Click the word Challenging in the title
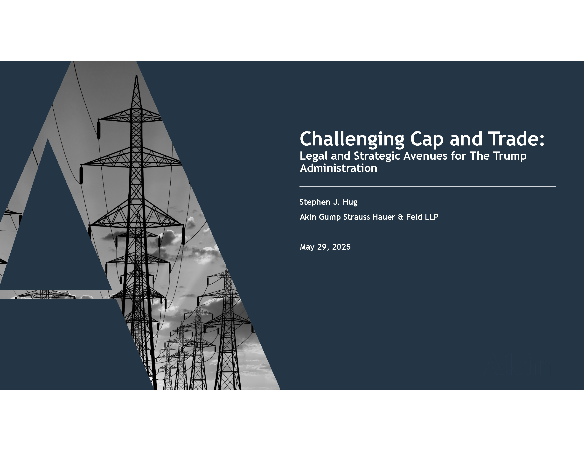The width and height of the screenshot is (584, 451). click(352, 139)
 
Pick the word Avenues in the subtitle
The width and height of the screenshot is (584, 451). click(425, 156)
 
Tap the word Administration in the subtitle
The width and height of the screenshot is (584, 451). click(338, 168)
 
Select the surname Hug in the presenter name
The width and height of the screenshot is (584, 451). click(350, 202)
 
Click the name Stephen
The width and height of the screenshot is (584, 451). click(315, 202)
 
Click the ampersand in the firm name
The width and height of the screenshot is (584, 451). click(401, 217)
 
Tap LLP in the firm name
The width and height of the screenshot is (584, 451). click(431, 217)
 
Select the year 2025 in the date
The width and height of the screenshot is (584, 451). click(341, 247)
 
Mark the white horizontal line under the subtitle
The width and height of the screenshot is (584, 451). click(428, 187)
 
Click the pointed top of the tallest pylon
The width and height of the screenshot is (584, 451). click(136, 76)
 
